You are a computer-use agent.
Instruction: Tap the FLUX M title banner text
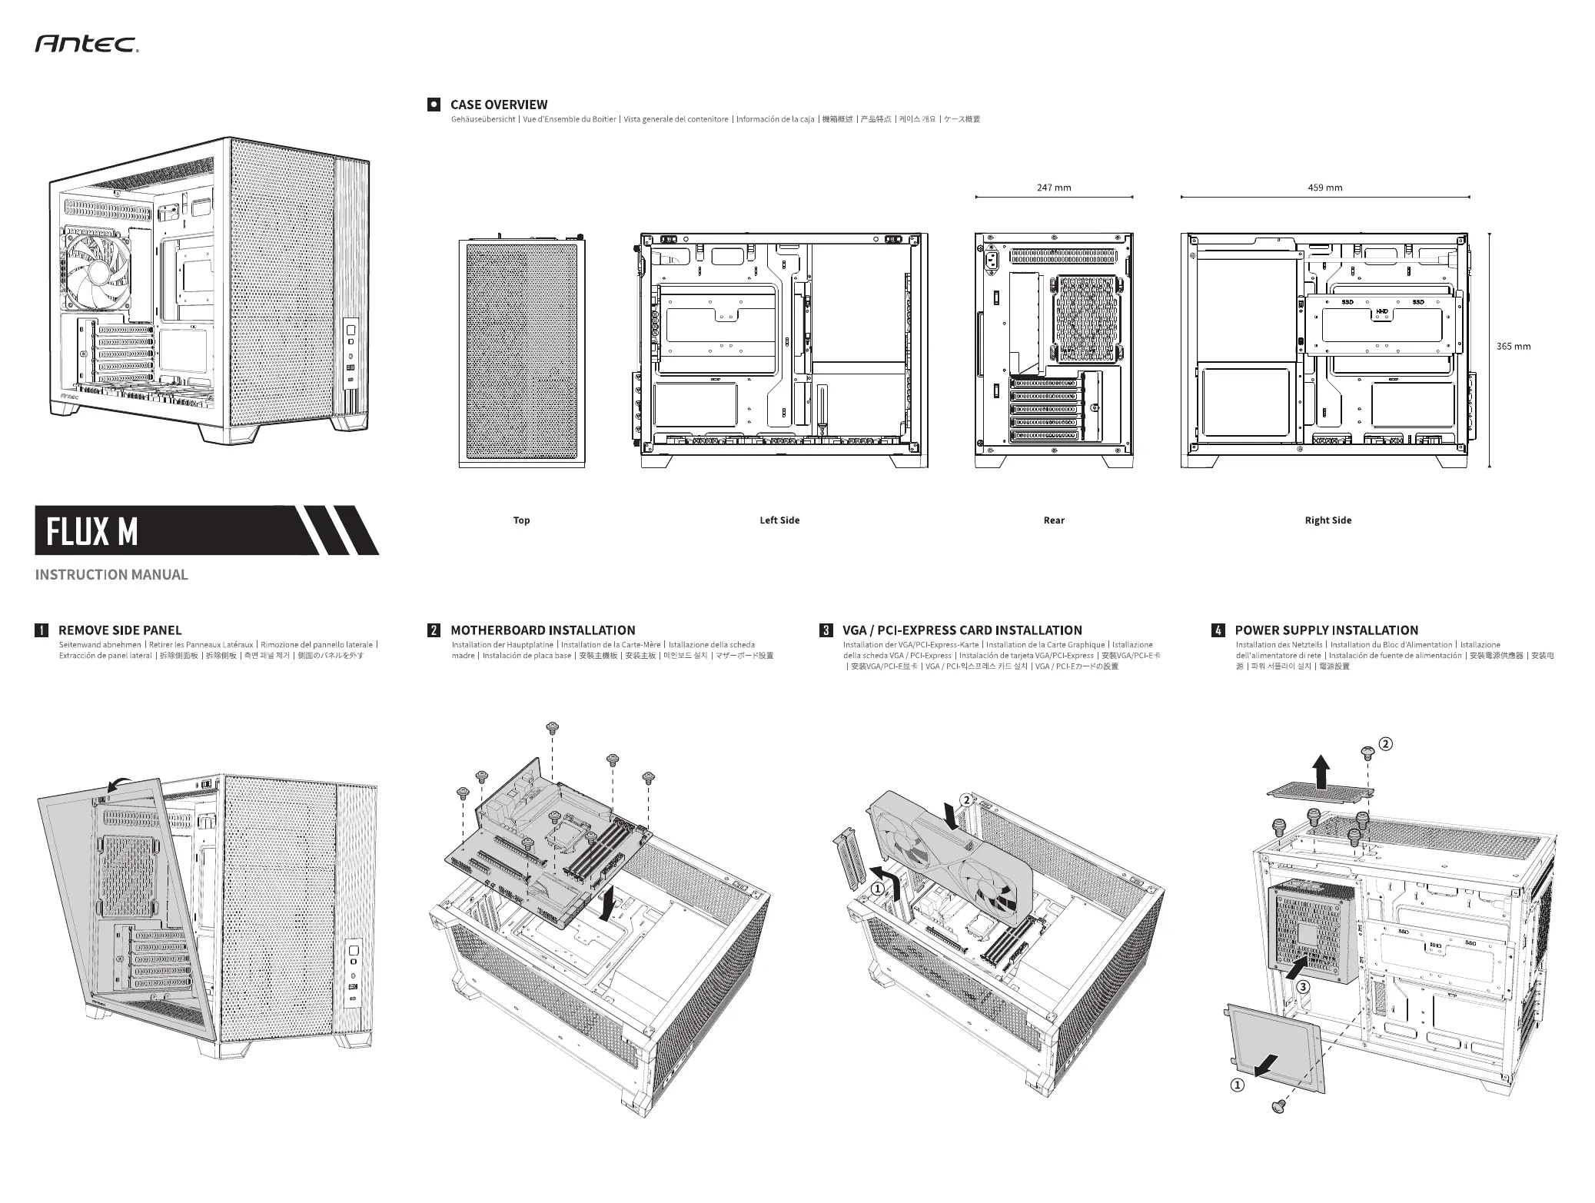pyautogui.click(x=91, y=531)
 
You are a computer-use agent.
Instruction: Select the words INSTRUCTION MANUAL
pyautogui.click(x=111, y=575)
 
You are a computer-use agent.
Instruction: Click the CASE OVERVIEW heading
pyautogui.click(x=499, y=105)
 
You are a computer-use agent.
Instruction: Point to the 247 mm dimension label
pyautogui.click(x=1054, y=188)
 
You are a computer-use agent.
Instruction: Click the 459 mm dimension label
pyautogui.click(x=1324, y=188)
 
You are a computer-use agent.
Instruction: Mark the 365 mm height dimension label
pyautogui.click(x=1513, y=347)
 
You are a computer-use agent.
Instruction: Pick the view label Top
pyautogui.click(x=521, y=520)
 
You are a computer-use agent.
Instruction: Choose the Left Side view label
pyautogui.click(x=779, y=520)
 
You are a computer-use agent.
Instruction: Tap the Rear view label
pyautogui.click(x=1054, y=520)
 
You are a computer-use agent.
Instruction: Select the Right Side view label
pyautogui.click(x=1328, y=520)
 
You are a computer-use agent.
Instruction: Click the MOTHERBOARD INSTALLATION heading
pyautogui.click(x=543, y=630)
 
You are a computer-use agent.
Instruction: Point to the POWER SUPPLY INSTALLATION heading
pyautogui.click(x=1326, y=630)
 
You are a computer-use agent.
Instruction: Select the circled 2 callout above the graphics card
pyautogui.click(x=965, y=799)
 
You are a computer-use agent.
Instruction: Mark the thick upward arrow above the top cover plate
pyautogui.click(x=1321, y=772)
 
